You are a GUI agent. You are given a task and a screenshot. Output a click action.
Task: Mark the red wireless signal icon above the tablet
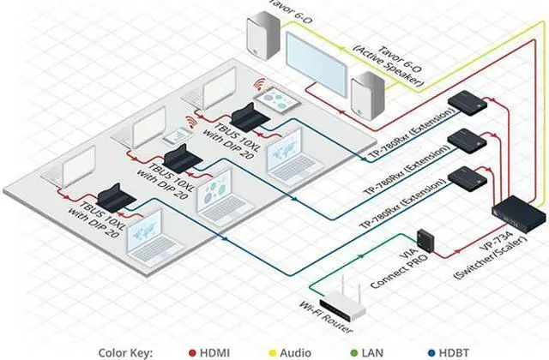pyautogui.click(x=258, y=86)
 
